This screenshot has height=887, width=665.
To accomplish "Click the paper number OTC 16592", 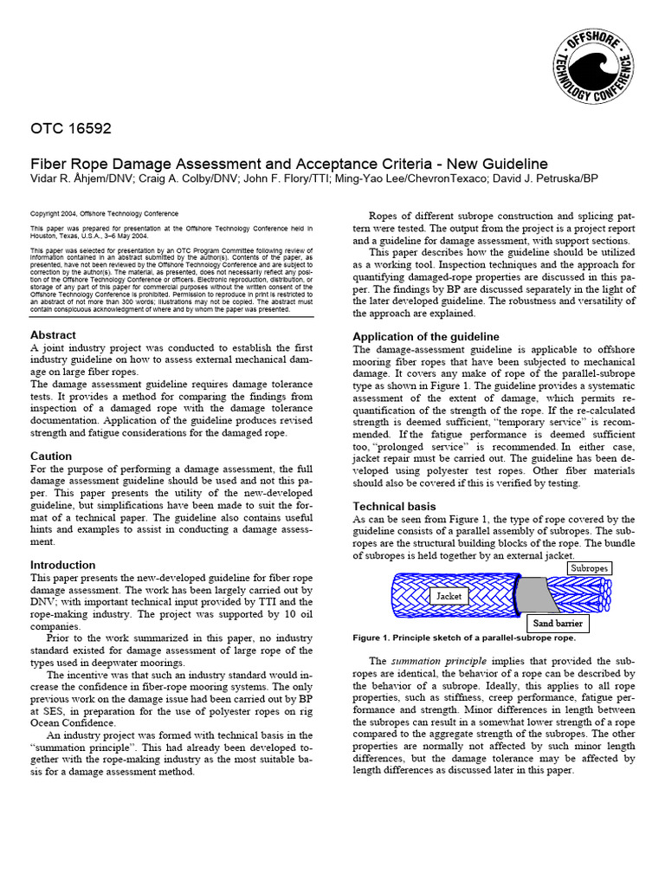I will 71,130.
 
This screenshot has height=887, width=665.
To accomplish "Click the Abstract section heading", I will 53,334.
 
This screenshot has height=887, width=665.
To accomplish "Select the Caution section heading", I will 51,456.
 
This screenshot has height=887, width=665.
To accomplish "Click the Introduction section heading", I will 62,565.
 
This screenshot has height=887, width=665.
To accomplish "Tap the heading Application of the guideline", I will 425,336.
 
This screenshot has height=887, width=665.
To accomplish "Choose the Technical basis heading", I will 394,506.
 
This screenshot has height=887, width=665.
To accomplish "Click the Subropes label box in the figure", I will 590,568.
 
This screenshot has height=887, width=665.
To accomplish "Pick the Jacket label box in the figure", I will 449,596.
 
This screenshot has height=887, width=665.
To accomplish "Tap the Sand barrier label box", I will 558,623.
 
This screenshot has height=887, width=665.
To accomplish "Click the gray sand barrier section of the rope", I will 531,594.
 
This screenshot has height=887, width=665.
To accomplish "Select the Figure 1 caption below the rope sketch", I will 463,638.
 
